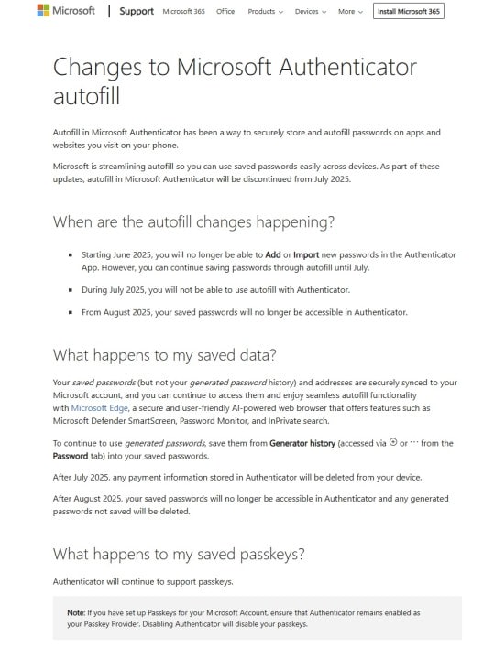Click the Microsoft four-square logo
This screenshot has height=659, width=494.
[43, 11]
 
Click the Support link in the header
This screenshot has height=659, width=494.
[137, 12]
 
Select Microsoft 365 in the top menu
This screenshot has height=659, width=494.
[183, 12]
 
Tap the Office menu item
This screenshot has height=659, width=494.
[225, 12]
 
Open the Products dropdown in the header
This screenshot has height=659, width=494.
[265, 12]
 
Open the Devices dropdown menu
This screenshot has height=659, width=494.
[311, 12]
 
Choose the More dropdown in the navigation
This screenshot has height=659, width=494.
[350, 12]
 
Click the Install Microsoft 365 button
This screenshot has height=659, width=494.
[409, 12]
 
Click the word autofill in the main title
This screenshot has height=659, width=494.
[86, 96]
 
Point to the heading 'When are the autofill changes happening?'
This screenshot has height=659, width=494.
[193, 222]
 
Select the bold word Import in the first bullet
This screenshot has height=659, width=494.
[306, 254]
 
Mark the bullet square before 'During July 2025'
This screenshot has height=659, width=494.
[71, 289]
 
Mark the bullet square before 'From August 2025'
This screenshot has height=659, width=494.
[71, 312]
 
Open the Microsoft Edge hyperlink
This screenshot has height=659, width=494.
[99, 407]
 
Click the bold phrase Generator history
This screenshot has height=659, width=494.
[302, 443]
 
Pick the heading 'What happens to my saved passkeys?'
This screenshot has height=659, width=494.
[178, 553]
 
